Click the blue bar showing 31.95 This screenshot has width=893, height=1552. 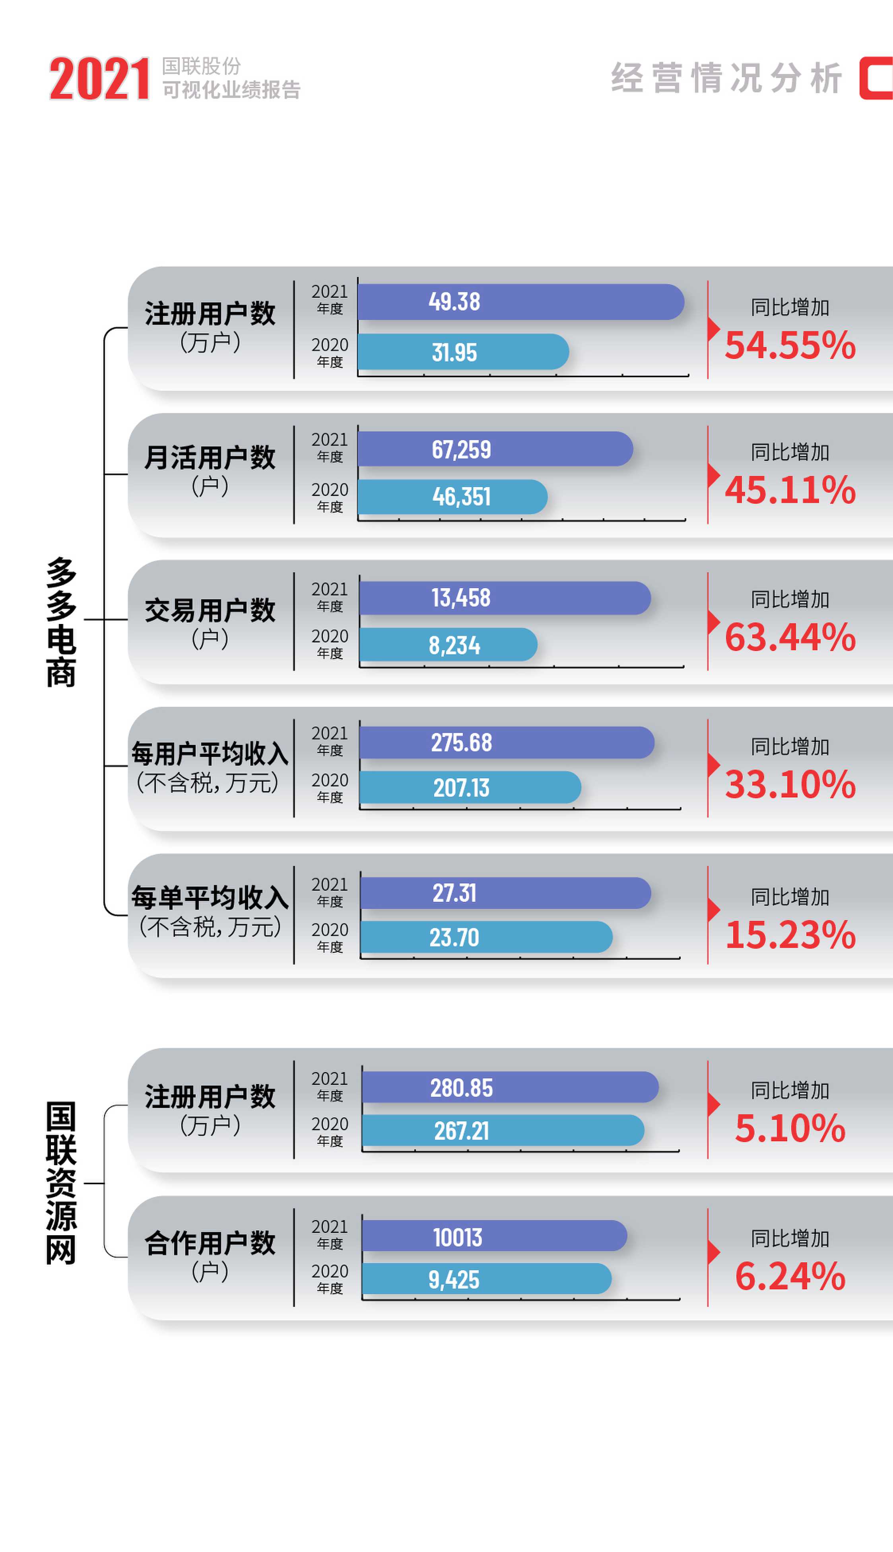[463, 352]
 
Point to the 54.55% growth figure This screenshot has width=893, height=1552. [790, 345]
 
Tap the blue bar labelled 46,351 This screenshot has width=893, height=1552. [452, 497]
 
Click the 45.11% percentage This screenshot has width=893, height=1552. [790, 490]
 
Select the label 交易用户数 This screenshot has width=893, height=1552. [210, 610]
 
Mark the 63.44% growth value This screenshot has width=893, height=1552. [790, 637]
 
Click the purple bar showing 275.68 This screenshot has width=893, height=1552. [507, 743]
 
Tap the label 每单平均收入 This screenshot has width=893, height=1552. [210, 898]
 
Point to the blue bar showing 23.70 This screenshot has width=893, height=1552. [486, 937]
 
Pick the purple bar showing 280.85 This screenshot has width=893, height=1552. [510, 1088]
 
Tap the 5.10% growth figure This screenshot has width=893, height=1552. [790, 1129]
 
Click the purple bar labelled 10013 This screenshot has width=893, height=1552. [494, 1236]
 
